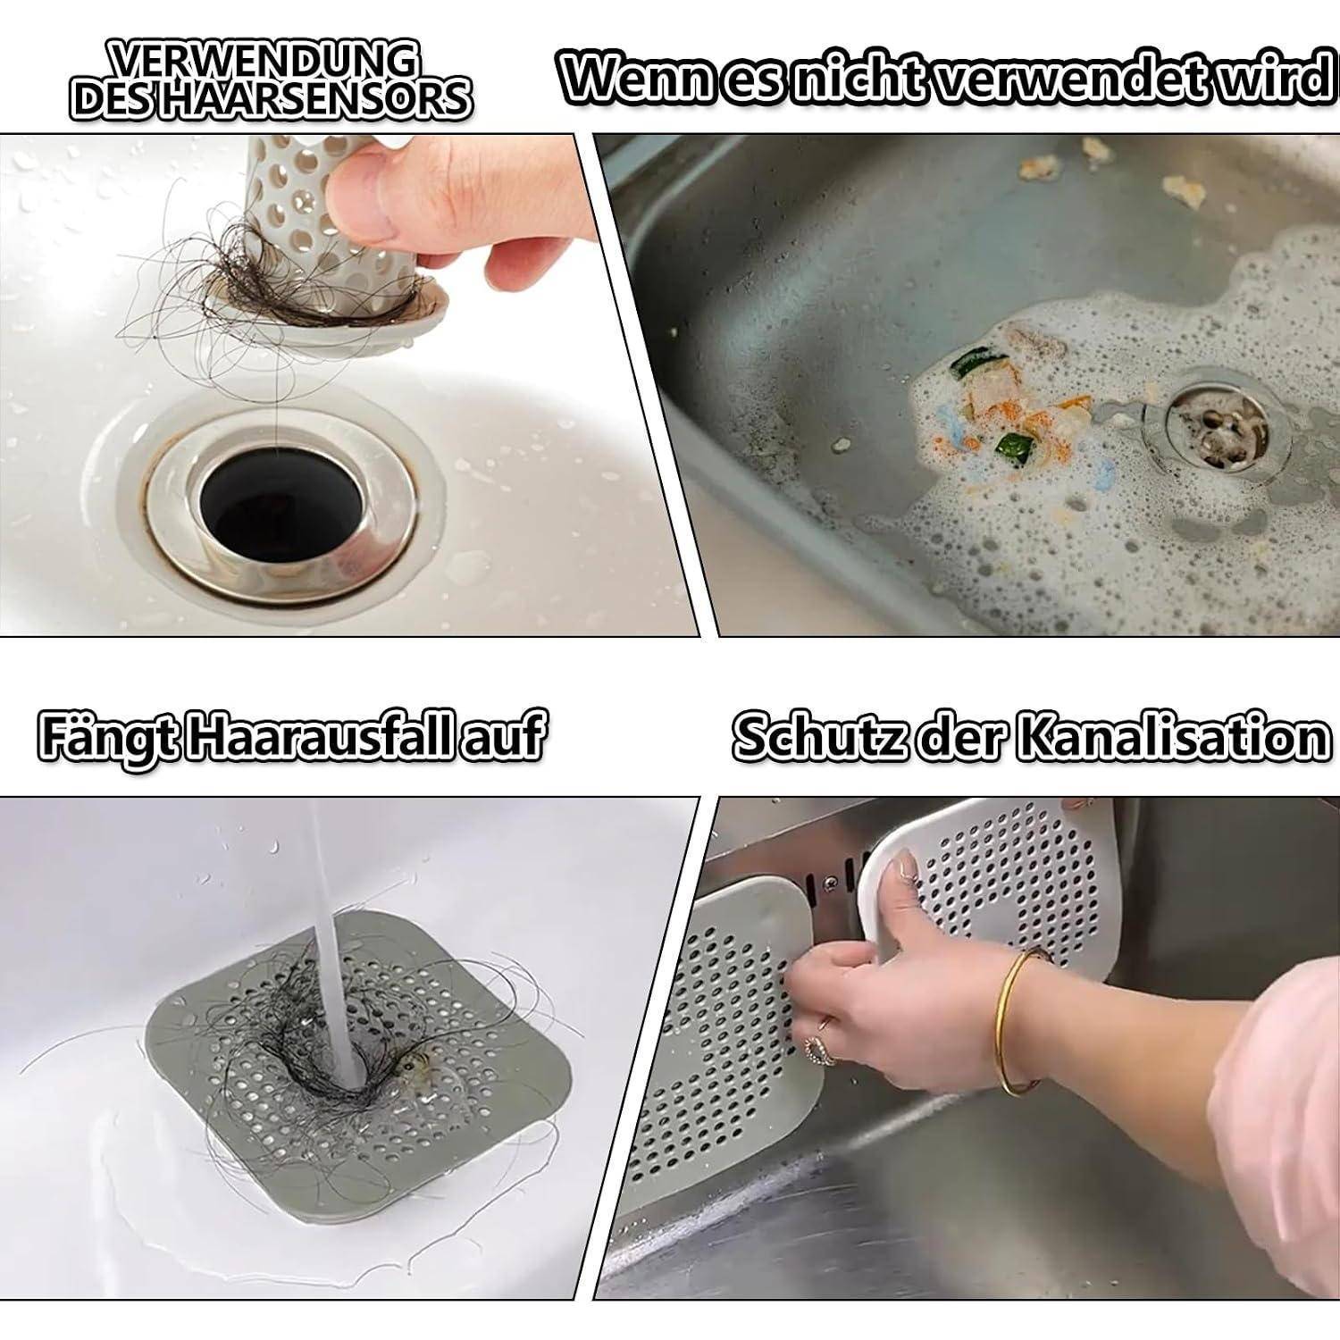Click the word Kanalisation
[1171, 738]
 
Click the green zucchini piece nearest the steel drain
[1013, 448]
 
